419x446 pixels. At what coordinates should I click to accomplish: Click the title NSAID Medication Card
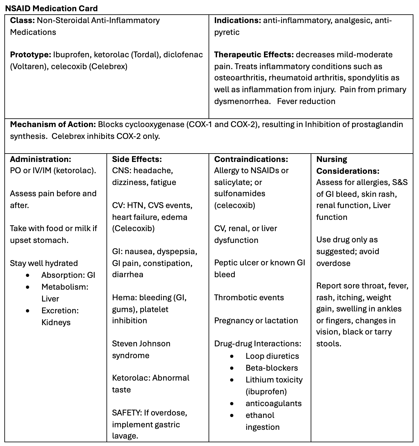51,8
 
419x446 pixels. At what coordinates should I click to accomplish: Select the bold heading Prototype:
31,55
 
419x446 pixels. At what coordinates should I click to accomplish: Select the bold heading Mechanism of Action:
53,125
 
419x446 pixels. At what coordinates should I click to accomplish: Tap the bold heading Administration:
40,159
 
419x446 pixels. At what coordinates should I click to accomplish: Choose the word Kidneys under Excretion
56,322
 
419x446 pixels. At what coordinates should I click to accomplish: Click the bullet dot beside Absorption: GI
28,275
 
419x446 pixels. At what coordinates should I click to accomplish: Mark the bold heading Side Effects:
137,159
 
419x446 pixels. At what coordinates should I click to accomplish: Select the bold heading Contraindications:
251,159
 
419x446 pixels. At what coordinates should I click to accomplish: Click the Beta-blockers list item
271,368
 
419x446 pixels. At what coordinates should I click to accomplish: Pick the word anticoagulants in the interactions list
273,403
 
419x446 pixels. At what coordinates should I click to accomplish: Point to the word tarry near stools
382,332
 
